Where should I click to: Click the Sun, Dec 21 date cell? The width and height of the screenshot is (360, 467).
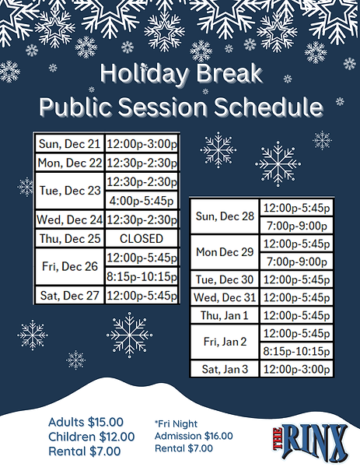(x=69, y=145)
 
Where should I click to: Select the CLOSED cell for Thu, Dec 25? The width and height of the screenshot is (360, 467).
(x=141, y=238)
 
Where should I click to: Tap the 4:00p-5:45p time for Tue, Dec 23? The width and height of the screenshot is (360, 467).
(x=141, y=200)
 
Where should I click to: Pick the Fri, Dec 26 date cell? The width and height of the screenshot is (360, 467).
(x=69, y=266)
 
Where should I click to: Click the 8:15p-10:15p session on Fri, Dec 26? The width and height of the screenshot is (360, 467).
(x=141, y=276)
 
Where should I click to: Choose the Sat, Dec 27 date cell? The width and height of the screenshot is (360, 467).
(x=69, y=295)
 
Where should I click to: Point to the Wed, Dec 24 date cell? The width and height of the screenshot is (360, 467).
(x=69, y=220)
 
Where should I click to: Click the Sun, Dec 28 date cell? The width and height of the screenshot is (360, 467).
(x=225, y=216)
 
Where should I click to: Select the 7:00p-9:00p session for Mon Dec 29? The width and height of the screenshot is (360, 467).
(x=295, y=262)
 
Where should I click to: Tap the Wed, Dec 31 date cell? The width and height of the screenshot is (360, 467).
(x=225, y=297)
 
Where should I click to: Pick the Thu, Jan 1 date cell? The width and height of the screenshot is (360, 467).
(x=225, y=315)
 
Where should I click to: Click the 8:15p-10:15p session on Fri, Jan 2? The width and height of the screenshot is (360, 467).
(x=295, y=351)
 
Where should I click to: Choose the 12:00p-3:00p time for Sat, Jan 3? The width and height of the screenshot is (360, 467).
(x=295, y=369)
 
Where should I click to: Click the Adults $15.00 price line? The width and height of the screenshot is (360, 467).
(x=86, y=423)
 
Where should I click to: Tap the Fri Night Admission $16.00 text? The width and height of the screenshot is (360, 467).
(x=194, y=435)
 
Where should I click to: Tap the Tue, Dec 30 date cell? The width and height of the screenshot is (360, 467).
(x=225, y=279)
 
